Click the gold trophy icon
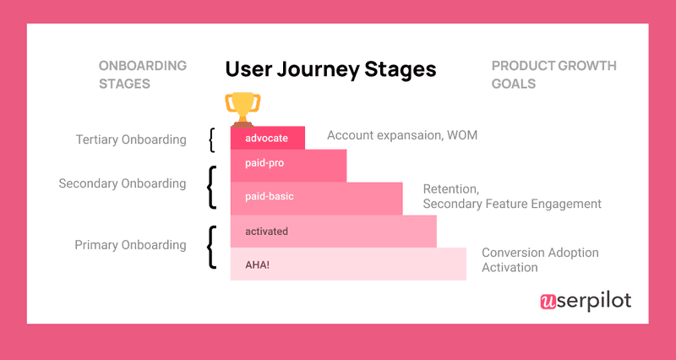(243, 108)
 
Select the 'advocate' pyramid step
(267, 138)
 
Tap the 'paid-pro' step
(288, 166)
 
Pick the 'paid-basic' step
(316, 197)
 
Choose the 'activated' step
(333, 231)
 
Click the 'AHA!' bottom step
(347, 264)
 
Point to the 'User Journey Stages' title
(330, 69)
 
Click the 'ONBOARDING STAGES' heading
(143, 74)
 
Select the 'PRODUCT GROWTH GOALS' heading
(553, 74)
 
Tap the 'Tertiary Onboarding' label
(130, 139)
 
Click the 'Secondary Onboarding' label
(122, 183)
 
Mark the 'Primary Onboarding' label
(130, 245)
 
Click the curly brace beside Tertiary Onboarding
(212, 139)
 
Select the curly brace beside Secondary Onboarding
(211, 186)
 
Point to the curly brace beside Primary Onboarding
(211, 247)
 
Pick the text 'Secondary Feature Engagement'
(512, 204)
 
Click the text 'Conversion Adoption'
(540, 253)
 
